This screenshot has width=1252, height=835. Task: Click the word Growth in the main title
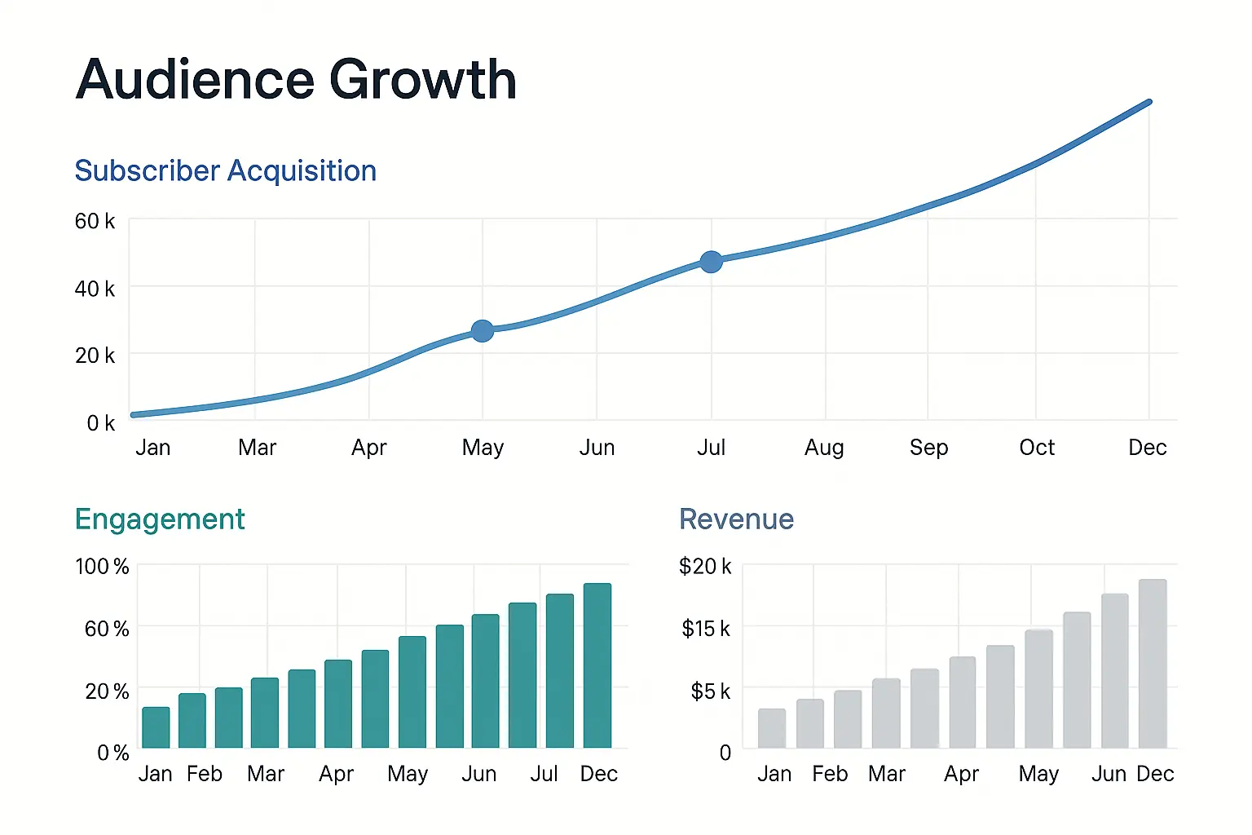pos(422,80)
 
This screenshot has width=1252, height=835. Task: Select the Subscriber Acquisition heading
pos(225,171)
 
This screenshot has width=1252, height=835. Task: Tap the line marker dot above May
pos(483,331)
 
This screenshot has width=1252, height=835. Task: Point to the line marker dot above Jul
pos(711,262)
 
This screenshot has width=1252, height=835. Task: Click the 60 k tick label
pos(95,222)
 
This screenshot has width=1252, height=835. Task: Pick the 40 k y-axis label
pos(95,289)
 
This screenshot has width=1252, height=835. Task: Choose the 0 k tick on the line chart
pos(100,423)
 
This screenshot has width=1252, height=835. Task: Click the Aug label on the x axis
pos(824,448)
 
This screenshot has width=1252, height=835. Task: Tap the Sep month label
pos(928,448)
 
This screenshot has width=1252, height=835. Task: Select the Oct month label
pos(1037,448)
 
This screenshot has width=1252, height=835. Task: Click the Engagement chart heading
pos(160,519)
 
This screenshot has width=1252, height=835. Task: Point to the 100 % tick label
pos(102,567)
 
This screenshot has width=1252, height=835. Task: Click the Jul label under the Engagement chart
pos(544,774)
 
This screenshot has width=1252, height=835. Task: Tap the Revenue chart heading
pos(736,519)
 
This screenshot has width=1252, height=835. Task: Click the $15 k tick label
pos(706,629)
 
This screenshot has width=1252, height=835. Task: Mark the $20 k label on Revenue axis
pos(705,567)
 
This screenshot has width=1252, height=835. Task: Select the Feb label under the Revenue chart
pos(830,774)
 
